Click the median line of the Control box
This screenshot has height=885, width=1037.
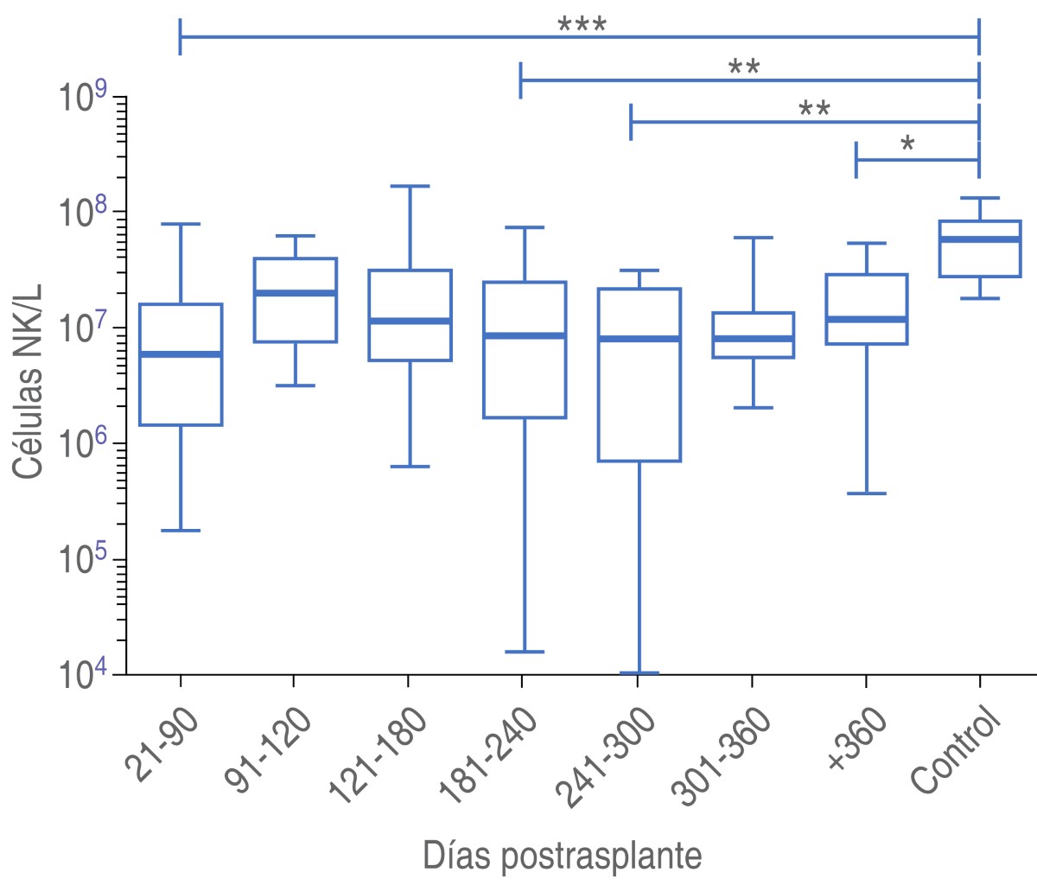[x=979, y=239]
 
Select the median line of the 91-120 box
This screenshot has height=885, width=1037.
[x=295, y=293]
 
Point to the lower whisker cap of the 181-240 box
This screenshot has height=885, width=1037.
[x=524, y=652]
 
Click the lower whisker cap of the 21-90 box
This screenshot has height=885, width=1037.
[x=181, y=531]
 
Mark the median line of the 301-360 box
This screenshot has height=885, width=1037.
[x=753, y=338]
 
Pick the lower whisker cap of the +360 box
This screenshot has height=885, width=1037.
[x=865, y=493]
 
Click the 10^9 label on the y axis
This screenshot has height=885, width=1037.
[x=83, y=97]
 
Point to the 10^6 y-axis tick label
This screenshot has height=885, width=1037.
[x=83, y=443]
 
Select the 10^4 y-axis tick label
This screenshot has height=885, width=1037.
[x=83, y=674]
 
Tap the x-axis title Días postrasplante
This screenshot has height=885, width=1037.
[x=562, y=856]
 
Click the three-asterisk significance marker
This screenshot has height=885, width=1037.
[x=582, y=25]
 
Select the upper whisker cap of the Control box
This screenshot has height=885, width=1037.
[x=979, y=198]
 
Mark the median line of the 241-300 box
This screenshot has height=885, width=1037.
[x=639, y=338]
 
